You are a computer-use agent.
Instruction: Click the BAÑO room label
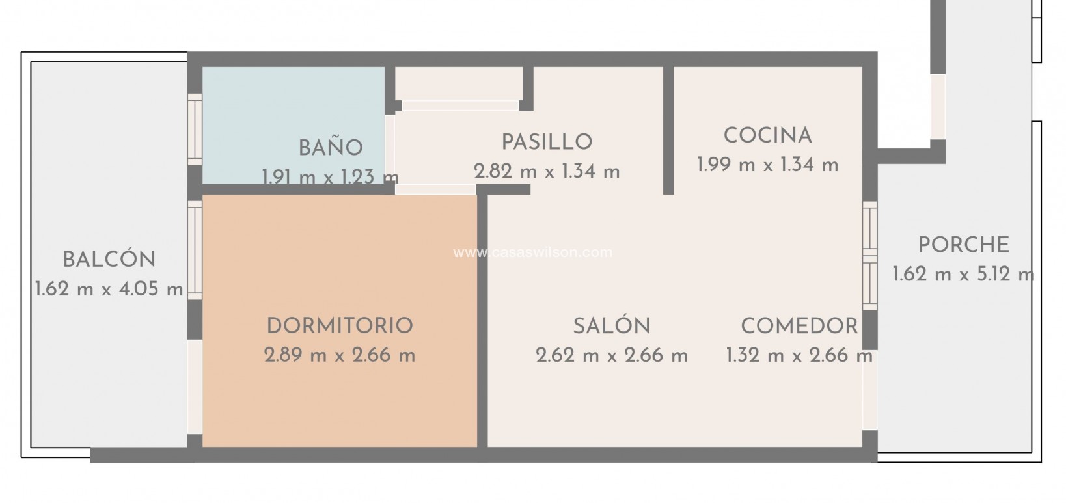pyautogui.click(x=330, y=148)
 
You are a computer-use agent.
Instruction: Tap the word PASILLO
pyautogui.click(x=547, y=142)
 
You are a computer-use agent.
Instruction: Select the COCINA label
pyautogui.click(x=767, y=136)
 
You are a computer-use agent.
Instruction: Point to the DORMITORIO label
pyautogui.click(x=340, y=325)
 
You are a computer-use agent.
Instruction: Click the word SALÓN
pyautogui.click(x=611, y=325)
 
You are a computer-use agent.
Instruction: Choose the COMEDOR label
pyautogui.click(x=799, y=325)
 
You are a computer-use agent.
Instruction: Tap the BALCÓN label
pyautogui.click(x=109, y=260)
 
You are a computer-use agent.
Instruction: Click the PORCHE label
pyautogui.click(x=963, y=245)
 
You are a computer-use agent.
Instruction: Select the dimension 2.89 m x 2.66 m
pyautogui.click(x=340, y=355)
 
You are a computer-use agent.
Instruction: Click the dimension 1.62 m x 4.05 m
pyautogui.click(x=109, y=290)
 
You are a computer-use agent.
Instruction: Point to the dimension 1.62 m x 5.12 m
pyautogui.click(x=963, y=275)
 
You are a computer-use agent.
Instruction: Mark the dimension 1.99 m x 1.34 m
pyautogui.click(x=767, y=165)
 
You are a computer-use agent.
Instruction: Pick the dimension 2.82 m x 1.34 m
pyautogui.click(x=547, y=172)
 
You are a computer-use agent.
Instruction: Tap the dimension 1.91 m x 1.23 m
pyautogui.click(x=330, y=176)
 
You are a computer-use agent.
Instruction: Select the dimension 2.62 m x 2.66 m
pyautogui.click(x=611, y=355)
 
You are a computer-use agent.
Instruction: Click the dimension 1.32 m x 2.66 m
pyautogui.click(x=799, y=355)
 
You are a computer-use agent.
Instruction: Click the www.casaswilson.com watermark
pyautogui.click(x=532, y=252)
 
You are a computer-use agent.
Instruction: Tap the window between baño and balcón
pyautogui.click(x=195, y=129)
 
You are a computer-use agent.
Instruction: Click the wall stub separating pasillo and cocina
pyautogui.click(x=668, y=130)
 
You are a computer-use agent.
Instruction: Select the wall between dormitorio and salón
pyautogui.click(x=482, y=319)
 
